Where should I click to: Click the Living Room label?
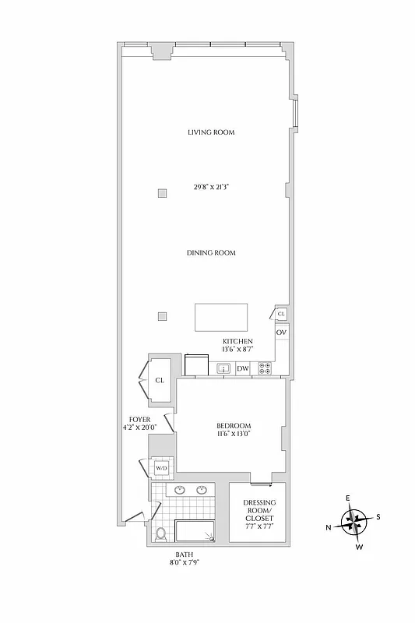(x=211, y=132)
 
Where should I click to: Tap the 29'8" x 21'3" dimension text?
(x=211, y=187)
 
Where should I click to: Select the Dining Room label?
(x=211, y=253)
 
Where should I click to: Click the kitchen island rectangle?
(x=222, y=318)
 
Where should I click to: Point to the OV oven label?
(x=282, y=333)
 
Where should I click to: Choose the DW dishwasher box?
(x=243, y=368)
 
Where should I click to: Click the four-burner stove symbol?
(x=265, y=368)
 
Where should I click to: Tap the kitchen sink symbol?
(x=223, y=368)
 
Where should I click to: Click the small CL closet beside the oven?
(x=281, y=313)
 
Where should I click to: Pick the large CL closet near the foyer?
(x=160, y=381)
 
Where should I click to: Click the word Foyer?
(x=139, y=419)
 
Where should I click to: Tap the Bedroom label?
(x=234, y=425)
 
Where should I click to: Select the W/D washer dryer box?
(x=162, y=468)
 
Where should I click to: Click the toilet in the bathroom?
(x=161, y=534)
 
